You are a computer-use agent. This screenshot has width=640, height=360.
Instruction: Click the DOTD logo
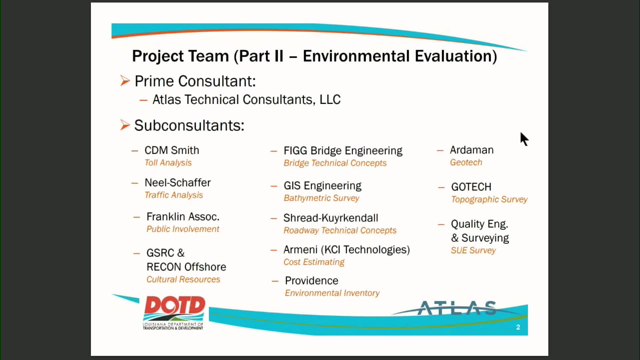174,313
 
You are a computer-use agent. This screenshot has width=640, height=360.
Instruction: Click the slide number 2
518,327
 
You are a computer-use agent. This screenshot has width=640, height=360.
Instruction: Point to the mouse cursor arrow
524,139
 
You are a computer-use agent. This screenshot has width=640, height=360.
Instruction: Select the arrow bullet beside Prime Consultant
125,81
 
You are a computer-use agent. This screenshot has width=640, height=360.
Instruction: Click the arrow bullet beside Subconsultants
125,125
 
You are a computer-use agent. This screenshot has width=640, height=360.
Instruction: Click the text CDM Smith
172,150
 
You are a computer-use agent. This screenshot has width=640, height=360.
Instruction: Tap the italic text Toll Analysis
168,163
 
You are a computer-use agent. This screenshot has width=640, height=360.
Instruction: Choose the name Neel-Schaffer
178,183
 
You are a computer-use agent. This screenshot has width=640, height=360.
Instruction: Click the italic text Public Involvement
183,229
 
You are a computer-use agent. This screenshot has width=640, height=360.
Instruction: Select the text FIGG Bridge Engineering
343,151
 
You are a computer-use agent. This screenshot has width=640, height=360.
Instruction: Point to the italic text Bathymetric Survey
321,198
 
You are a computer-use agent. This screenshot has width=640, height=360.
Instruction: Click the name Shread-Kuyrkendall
331,218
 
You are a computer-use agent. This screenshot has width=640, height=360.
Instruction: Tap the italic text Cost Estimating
314,262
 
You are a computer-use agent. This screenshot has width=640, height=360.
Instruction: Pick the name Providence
312,281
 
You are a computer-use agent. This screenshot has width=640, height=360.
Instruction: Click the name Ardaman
472,150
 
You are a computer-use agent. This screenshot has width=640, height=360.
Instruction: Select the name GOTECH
471,187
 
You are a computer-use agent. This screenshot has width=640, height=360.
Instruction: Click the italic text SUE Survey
473,250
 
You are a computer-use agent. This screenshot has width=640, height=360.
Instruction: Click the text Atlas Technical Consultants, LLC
247,100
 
